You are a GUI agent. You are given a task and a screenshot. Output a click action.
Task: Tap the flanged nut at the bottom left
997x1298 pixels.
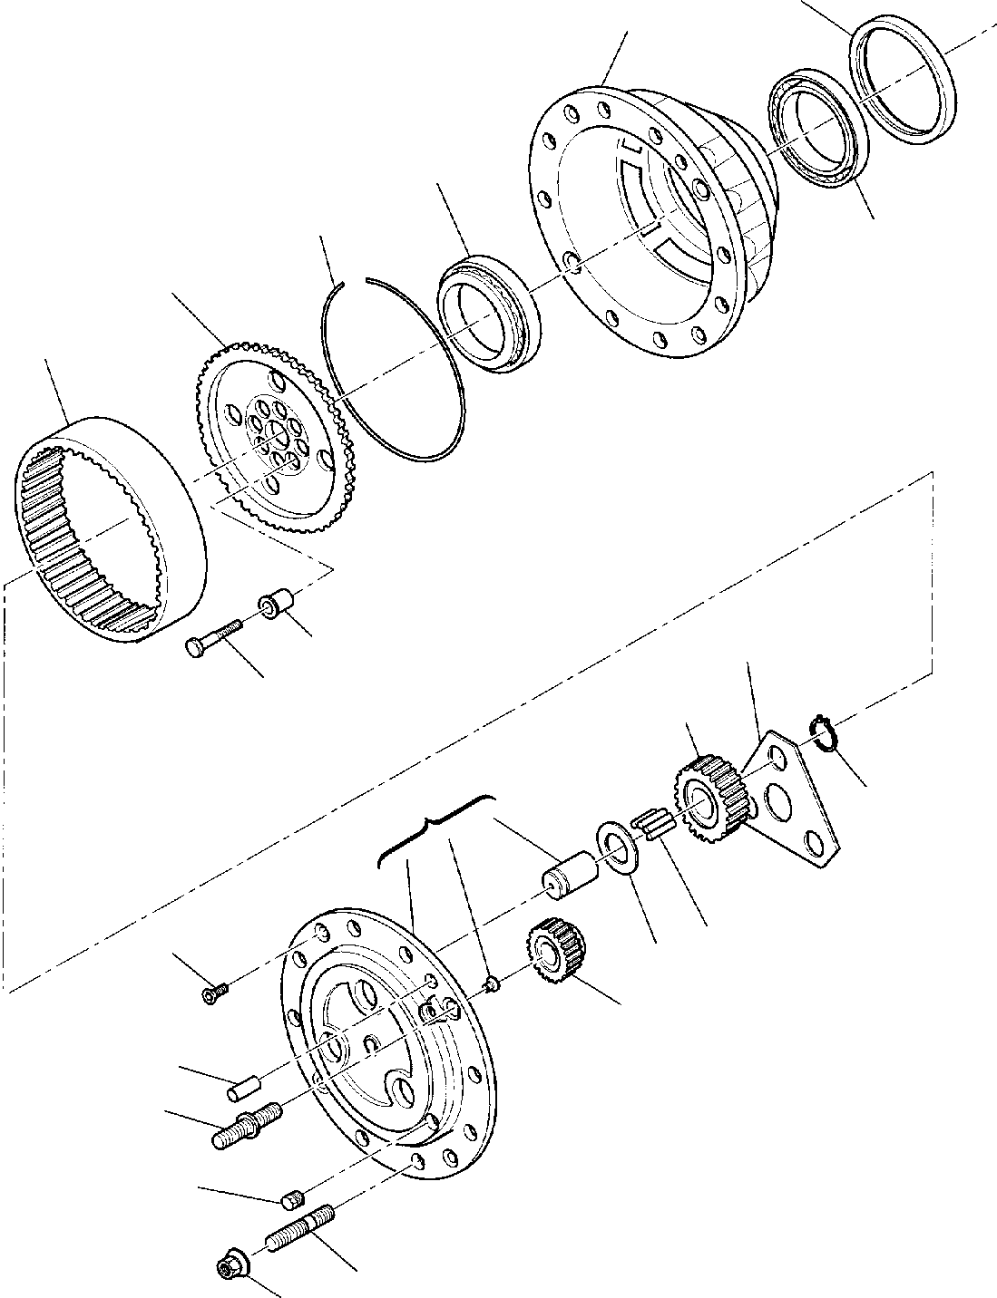click(x=228, y=1270)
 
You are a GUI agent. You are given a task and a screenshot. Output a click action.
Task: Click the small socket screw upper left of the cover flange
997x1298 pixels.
click(x=216, y=994)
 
